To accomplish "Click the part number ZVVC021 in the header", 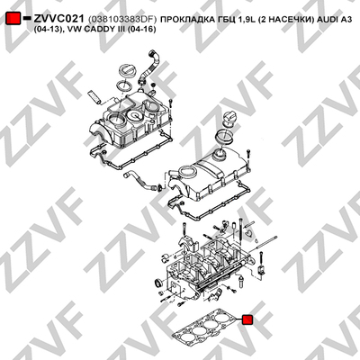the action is [58, 19].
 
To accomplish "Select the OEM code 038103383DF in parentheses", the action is [122, 20].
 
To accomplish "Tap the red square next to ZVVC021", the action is [13, 19].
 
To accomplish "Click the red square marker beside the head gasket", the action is [247, 319].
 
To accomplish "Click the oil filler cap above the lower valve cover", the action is [229, 120].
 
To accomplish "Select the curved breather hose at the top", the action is [149, 67].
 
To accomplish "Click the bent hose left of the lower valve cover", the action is [139, 180].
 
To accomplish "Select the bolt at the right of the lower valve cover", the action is [248, 157].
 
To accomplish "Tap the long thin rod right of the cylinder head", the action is [266, 243].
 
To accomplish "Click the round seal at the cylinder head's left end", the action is [157, 283].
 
